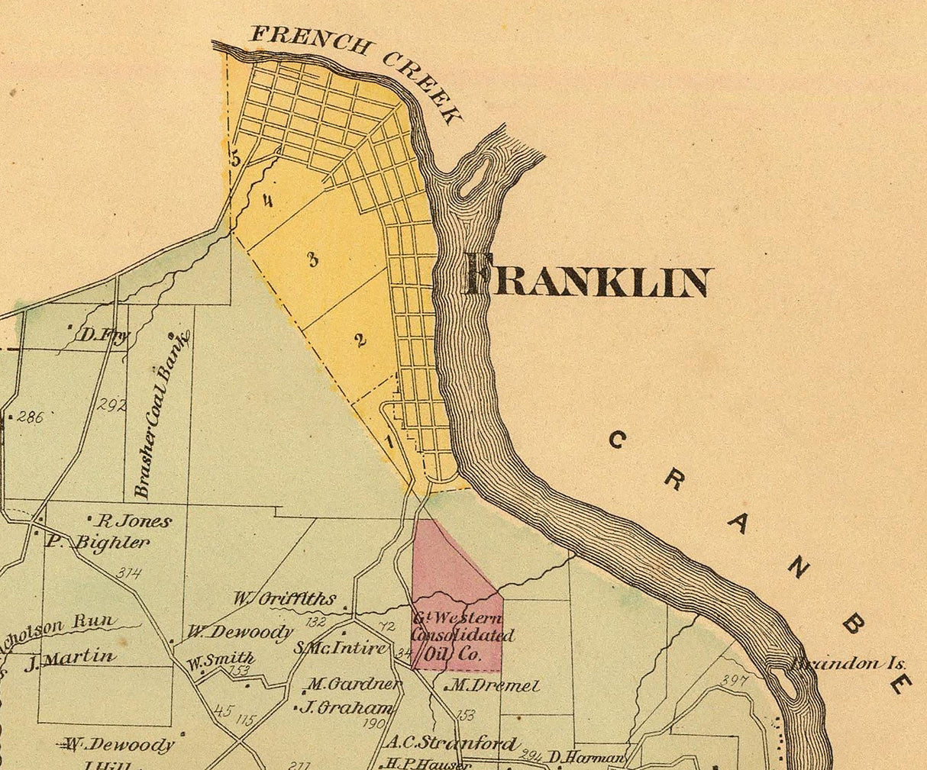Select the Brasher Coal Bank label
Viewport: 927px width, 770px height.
click(x=161, y=416)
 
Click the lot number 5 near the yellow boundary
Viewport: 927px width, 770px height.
click(x=235, y=159)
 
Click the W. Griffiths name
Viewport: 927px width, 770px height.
click(x=285, y=600)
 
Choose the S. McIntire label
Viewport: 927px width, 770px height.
click(x=341, y=649)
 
